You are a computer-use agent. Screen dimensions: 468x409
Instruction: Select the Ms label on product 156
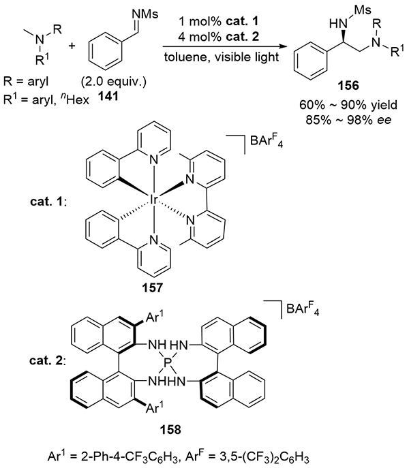click(x=346, y=11)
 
